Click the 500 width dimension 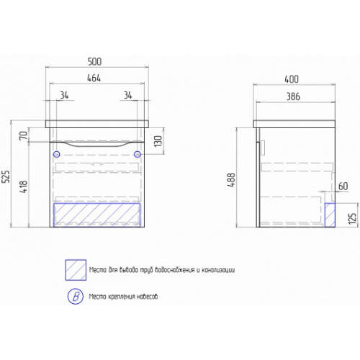94,62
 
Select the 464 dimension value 94,78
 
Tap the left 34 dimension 64,95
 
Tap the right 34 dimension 128,95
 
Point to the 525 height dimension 6,176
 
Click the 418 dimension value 24,187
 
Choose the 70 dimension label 24,135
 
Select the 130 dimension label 158,141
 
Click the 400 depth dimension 292,79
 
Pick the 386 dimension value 293,96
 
